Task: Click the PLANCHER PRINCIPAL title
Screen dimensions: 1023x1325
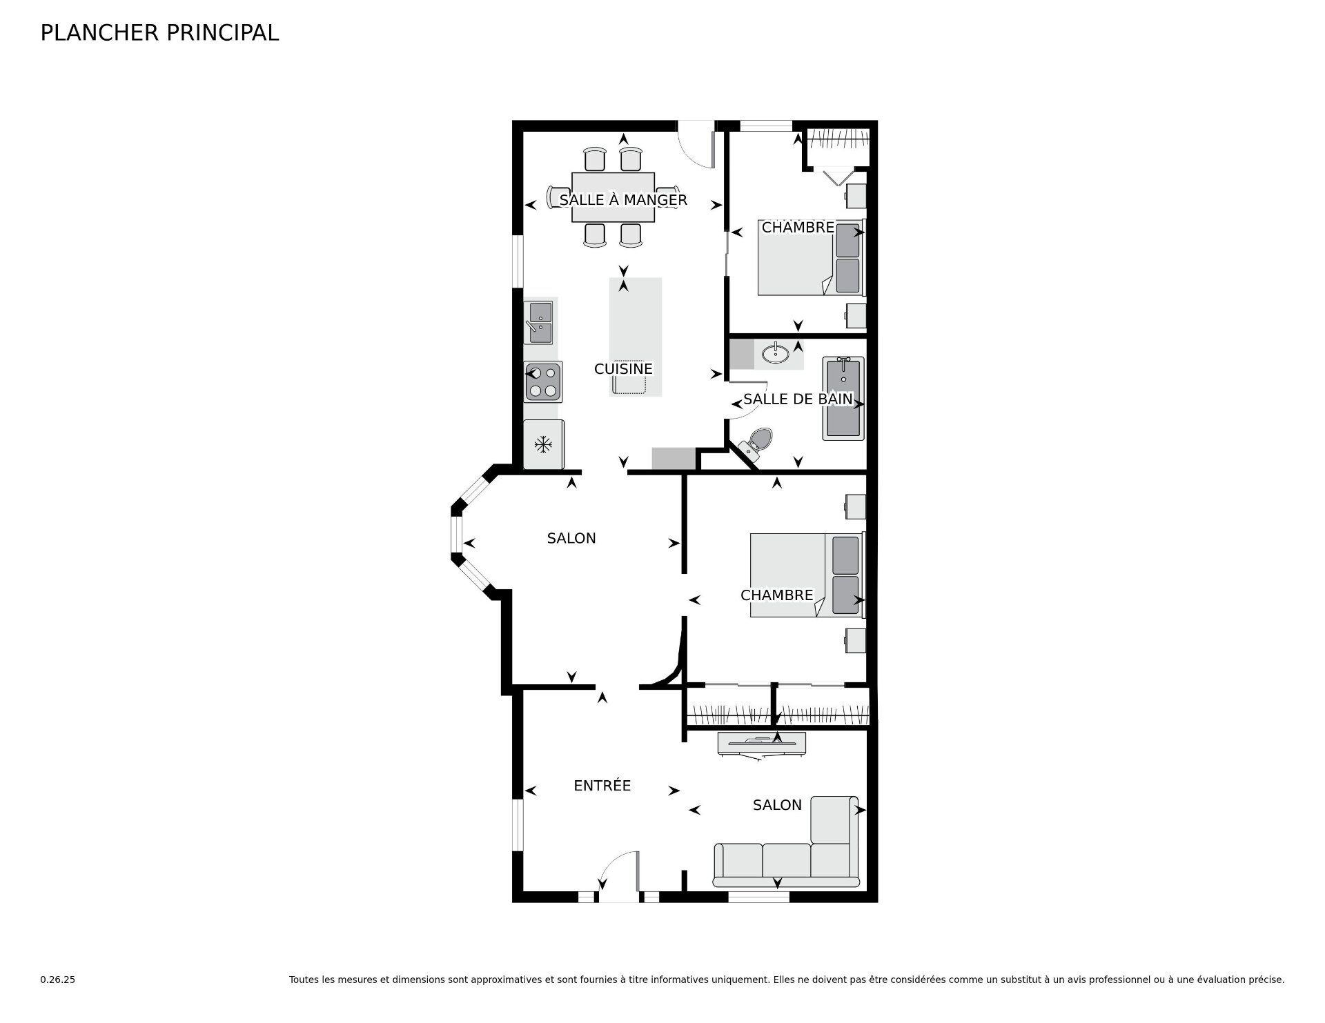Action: coord(159,32)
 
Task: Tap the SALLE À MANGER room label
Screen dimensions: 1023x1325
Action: coord(622,200)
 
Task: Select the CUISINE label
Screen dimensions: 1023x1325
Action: coord(623,369)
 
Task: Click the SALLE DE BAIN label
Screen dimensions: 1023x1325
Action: coord(797,399)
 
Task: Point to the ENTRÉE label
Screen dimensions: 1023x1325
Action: coord(602,786)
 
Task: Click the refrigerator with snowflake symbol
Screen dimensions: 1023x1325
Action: coord(544,444)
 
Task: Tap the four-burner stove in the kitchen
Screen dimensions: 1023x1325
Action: coord(543,381)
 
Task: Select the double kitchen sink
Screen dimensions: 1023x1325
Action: coord(539,322)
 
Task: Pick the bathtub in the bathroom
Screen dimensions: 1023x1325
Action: coord(843,398)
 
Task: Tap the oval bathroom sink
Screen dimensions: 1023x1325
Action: coord(777,355)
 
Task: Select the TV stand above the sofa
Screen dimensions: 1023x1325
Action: coord(761,742)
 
